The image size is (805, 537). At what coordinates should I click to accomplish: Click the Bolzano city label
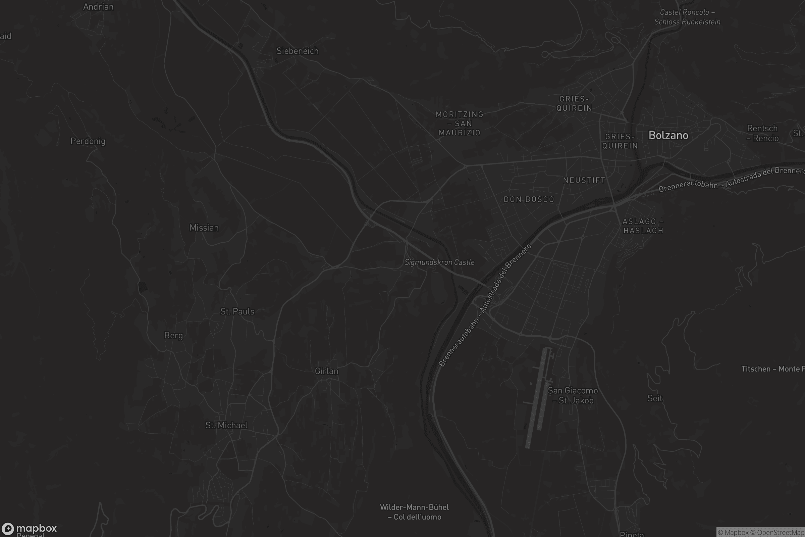coord(668,135)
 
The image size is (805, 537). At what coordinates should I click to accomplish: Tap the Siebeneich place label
coord(298,51)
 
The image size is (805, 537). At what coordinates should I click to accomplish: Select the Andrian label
coord(98,7)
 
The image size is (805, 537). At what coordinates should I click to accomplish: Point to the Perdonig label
coord(88,141)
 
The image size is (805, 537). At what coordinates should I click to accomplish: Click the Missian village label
coord(204,228)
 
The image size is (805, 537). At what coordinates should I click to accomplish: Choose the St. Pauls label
coord(237,311)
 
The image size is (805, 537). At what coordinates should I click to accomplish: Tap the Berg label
coord(173,335)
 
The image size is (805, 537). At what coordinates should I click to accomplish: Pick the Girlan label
coord(326,371)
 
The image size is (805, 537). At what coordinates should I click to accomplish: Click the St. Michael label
coord(226,425)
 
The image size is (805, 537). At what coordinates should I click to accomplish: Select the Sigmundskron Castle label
coord(439,262)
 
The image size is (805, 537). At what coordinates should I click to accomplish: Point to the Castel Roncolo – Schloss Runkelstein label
coord(687,17)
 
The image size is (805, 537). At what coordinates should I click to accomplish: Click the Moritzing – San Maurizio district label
coord(460,123)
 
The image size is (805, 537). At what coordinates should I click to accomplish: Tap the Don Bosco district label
coord(529,199)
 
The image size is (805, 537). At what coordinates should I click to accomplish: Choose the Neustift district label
coord(584,180)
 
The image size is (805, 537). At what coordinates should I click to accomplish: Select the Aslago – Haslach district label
coord(643,226)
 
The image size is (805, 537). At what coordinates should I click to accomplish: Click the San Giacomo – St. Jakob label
coord(573,396)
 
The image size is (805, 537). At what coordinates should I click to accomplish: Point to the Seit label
coord(655,398)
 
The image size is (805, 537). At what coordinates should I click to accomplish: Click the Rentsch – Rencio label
coord(762,133)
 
